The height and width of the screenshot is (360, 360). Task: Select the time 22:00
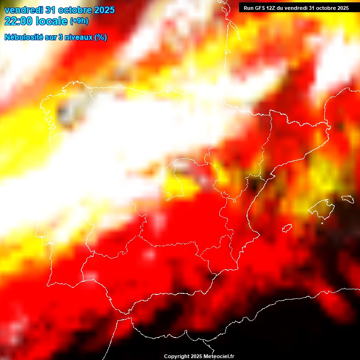point(19,21)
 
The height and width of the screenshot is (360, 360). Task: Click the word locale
point(52,21)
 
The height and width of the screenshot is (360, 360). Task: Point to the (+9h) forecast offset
point(79,21)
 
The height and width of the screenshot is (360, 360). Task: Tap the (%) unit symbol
point(100,37)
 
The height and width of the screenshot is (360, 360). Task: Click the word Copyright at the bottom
point(176,357)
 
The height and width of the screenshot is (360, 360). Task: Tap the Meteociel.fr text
point(218,357)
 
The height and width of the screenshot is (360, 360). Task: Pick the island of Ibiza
point(287,228)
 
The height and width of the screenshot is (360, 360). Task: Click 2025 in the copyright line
point(195,357)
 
